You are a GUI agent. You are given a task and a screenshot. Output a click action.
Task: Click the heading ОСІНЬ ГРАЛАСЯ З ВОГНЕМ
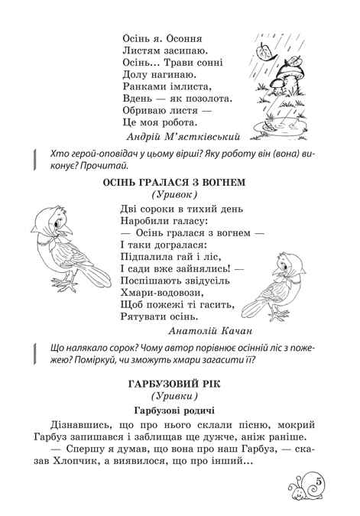(x=180, y=183)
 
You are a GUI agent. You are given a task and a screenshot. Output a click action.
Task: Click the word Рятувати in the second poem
(x=145, y=315)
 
